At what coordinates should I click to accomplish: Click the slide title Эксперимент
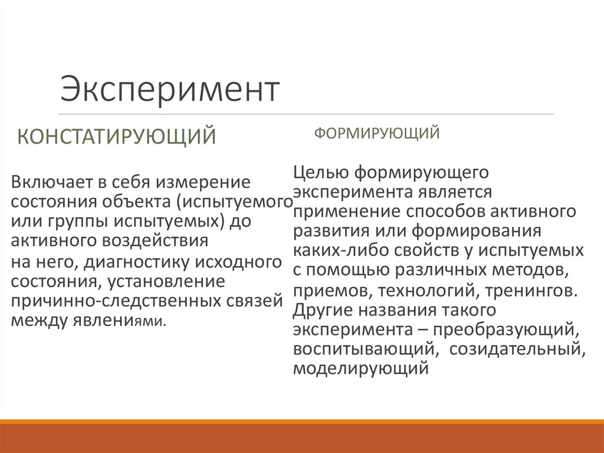coord(170,90)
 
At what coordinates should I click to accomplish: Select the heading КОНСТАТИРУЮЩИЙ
coord(116,137)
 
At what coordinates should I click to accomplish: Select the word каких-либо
coord(331,250)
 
